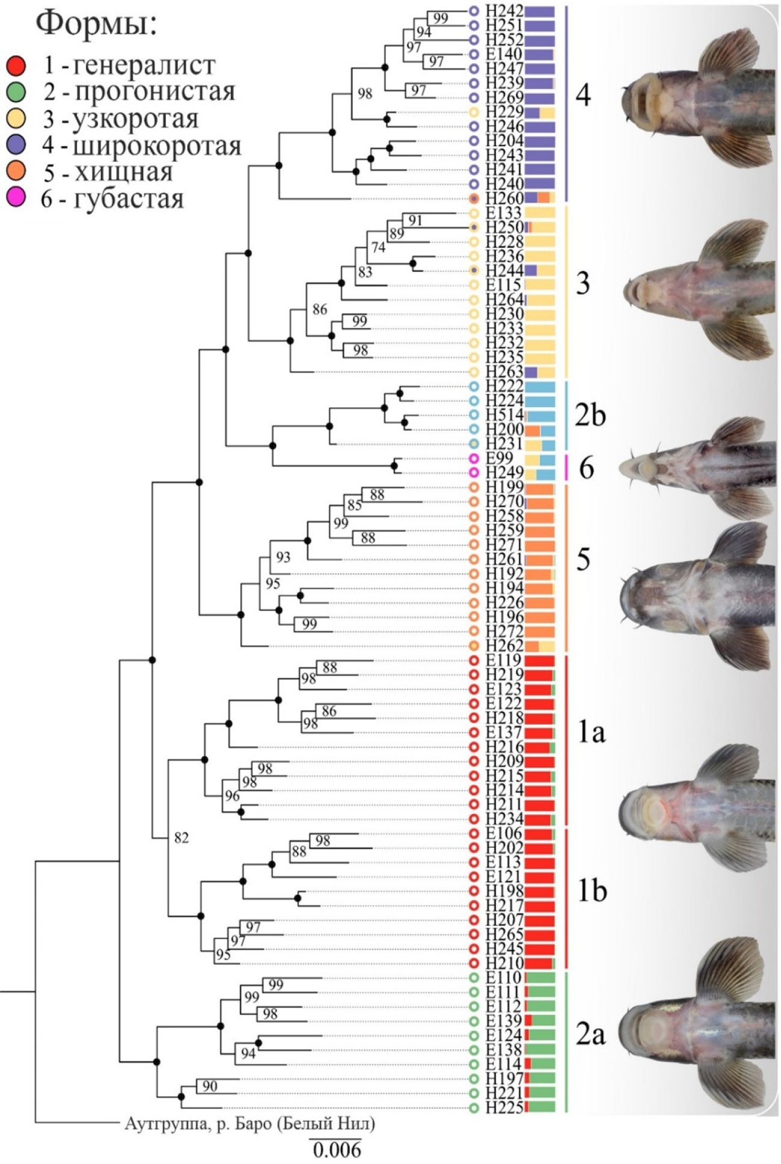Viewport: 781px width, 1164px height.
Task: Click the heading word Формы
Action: point(96,24)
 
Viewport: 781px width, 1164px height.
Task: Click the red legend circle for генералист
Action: point(16,65)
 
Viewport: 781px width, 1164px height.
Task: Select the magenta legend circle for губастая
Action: point(16,198)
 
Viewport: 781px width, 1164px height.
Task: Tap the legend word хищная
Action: point(124,173)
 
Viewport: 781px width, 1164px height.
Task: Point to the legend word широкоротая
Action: point(157,146)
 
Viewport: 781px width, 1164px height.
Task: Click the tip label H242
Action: point(504,11)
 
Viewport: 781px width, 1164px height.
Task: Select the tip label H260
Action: point(504,198)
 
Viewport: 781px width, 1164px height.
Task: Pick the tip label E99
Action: point(500,459)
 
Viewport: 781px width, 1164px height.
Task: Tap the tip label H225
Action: point(504,1107)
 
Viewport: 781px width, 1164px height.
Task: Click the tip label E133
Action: point(504,213)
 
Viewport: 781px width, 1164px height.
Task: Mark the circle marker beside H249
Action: point(474,473)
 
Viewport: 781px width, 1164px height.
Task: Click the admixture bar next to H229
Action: point(540,112)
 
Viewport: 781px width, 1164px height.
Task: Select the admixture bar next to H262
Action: point(540,646)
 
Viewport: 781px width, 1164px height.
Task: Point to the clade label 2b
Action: point(590,415)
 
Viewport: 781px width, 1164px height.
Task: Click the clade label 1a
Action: point(591,732)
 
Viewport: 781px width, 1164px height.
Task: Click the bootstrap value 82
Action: point(182,838)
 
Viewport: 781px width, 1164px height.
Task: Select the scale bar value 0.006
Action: point(337,1150)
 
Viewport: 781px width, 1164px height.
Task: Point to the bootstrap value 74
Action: point(378,247)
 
